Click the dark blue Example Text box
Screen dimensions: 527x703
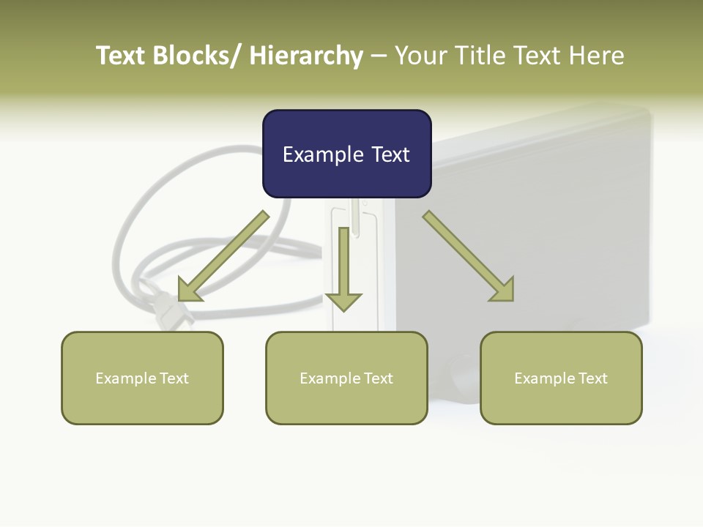(346, 154)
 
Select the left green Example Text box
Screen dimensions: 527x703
(142, 378)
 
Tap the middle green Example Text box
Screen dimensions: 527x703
(346, 378)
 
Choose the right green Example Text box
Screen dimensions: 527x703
(561, 378)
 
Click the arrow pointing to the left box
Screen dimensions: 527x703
(223, 256)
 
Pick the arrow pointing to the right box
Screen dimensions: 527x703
(469, 256)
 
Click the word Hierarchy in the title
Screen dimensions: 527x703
(306, 56)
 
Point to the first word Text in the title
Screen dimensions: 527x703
(122, 56)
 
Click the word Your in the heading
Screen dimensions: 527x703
(420, 56)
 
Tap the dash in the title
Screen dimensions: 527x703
(379, 56)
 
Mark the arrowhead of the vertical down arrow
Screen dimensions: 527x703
(343, 301)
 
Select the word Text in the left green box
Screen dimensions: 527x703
(174, 378)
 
